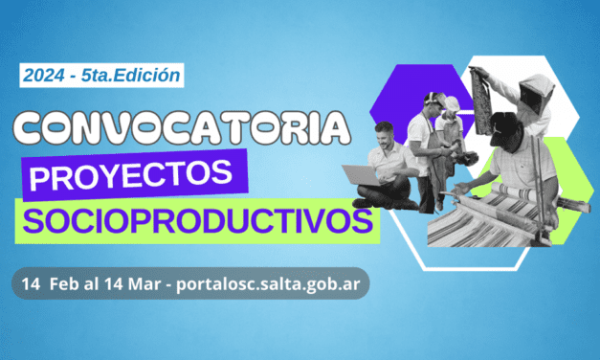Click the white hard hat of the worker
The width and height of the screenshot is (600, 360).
(x=451, y=102)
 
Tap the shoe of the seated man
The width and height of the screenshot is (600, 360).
(x=362, y=202)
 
